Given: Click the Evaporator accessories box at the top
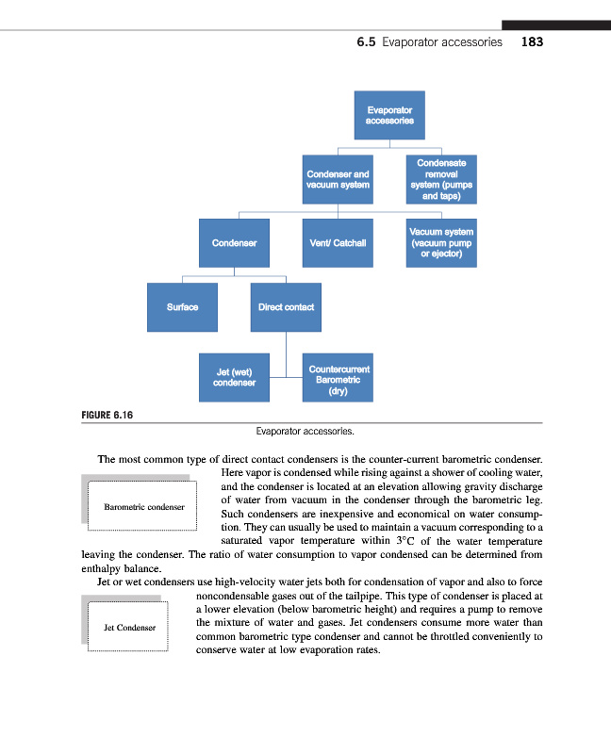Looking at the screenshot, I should [389, 115].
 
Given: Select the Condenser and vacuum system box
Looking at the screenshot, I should [338, 179].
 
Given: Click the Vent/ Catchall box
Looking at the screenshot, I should [338, 243].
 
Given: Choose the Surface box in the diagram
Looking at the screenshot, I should [182, 307].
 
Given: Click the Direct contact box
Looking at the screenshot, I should [286, 307].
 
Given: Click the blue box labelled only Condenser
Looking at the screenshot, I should [234, 243].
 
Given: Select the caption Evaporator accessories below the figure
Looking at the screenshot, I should [305, 433].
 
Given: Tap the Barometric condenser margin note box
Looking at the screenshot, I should [143, 507].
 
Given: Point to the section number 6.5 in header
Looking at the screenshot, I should [367, 42].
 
